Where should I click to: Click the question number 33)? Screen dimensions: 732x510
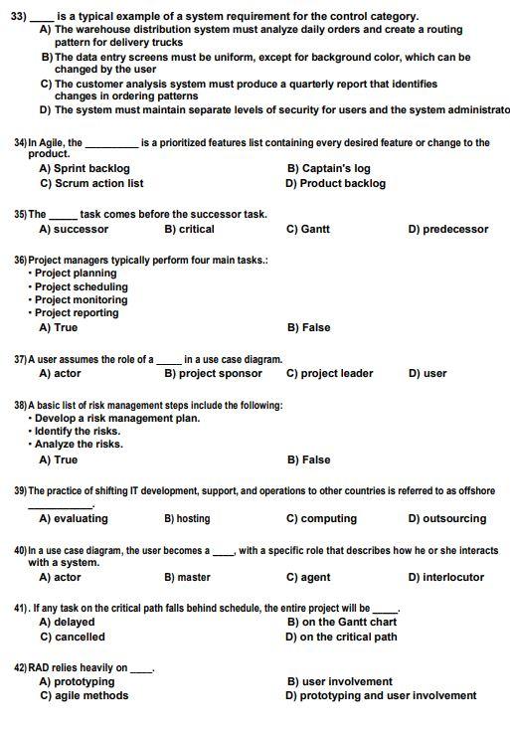point(18,16)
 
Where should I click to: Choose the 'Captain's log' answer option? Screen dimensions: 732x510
point(328,169)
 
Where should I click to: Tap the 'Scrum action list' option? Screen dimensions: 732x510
point(90,183)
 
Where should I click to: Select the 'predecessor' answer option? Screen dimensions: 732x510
point(448,229)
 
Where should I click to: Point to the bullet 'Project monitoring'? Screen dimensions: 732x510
point(81,299)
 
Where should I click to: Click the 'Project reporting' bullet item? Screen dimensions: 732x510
point(77,313)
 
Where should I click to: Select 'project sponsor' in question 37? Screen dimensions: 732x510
point(213,373)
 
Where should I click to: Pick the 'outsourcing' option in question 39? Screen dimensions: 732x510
point(447,518)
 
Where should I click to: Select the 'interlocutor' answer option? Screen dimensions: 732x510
point(446,577)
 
